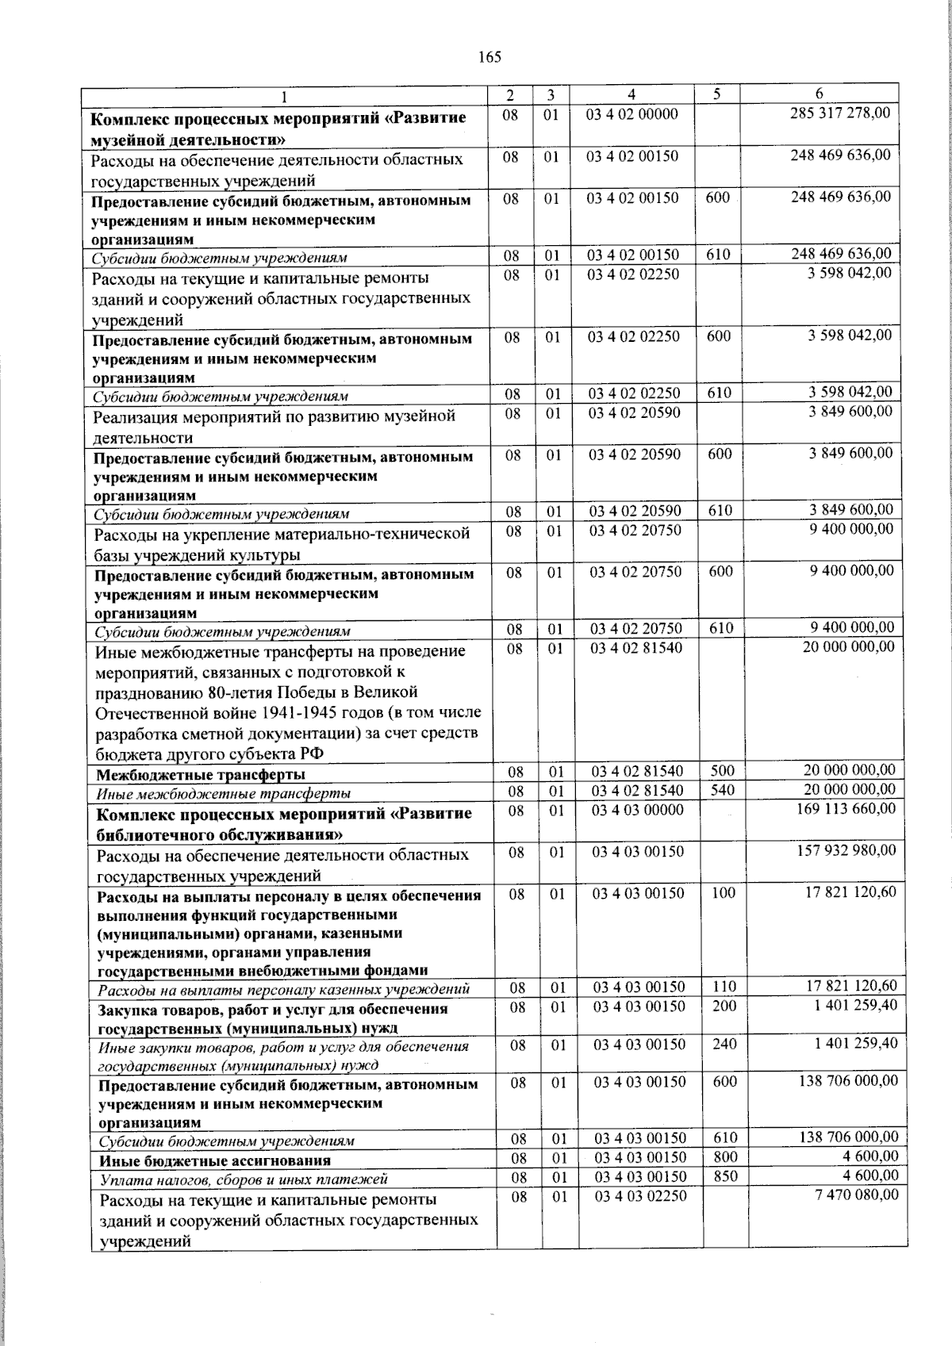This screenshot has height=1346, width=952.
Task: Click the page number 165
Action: [489, 56]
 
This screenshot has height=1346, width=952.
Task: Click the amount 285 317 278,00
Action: [840, 113]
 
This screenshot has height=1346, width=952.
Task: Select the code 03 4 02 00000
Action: [632, 114]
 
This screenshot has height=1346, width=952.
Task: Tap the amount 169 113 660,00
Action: [846, 808]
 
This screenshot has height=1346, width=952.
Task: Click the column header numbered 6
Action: [819, 94]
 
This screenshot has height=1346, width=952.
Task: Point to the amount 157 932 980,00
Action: [846, 850]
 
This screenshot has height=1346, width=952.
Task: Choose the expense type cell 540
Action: [723, 790]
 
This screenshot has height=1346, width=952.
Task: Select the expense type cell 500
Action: [723, 770]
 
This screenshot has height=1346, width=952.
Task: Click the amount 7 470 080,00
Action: [857, 1195]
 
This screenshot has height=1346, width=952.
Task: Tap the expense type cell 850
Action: [726, 1176]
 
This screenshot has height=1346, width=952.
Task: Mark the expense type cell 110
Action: [724, 987]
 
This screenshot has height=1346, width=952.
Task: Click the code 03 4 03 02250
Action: [640, 1196]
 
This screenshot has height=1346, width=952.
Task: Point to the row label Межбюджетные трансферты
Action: [201, 774]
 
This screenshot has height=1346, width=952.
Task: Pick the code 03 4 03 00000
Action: [638, 810]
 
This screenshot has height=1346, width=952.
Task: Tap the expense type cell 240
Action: [724, 1045]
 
